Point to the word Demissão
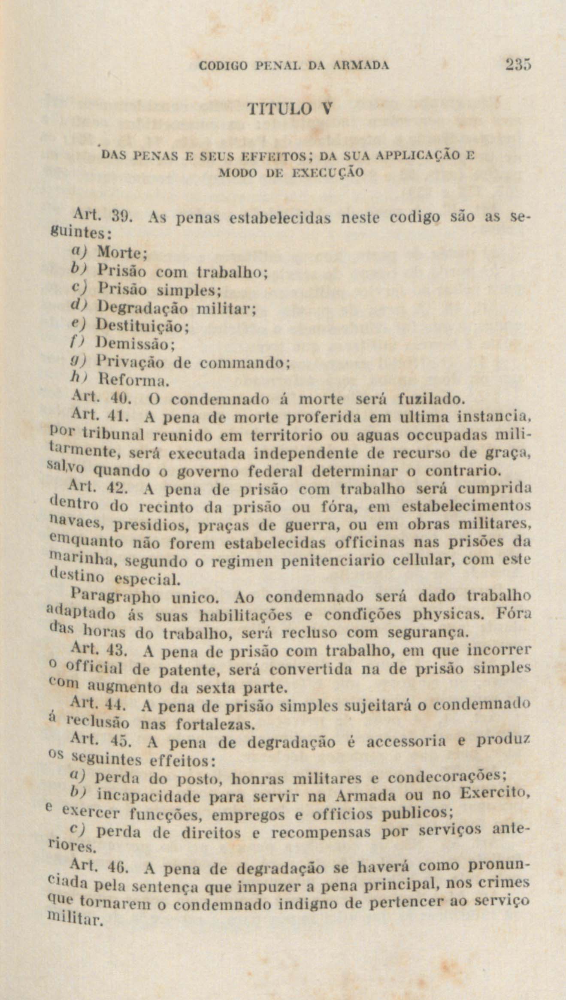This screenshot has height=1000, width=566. pyautogui.click(x=134, y=344)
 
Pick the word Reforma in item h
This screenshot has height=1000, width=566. pyautogui.click(x=130, y=380)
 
